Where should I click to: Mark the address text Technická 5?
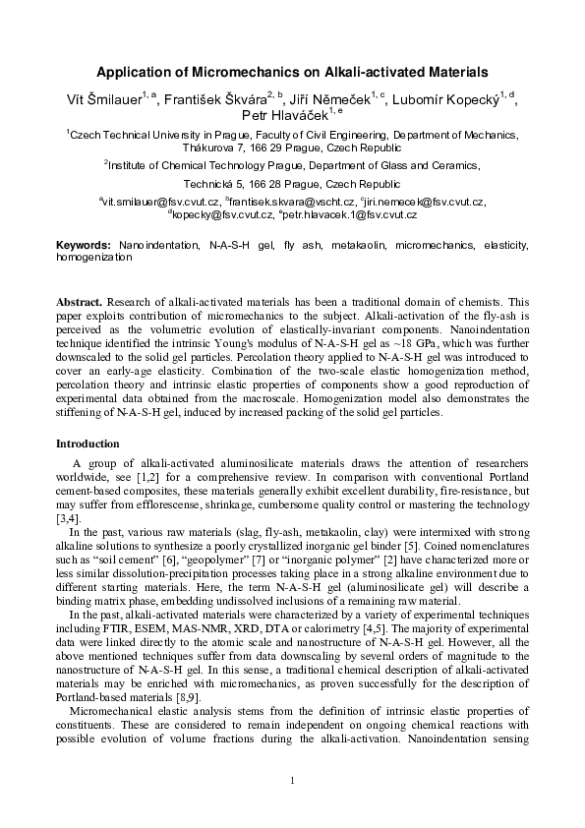[x=212, y=184]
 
